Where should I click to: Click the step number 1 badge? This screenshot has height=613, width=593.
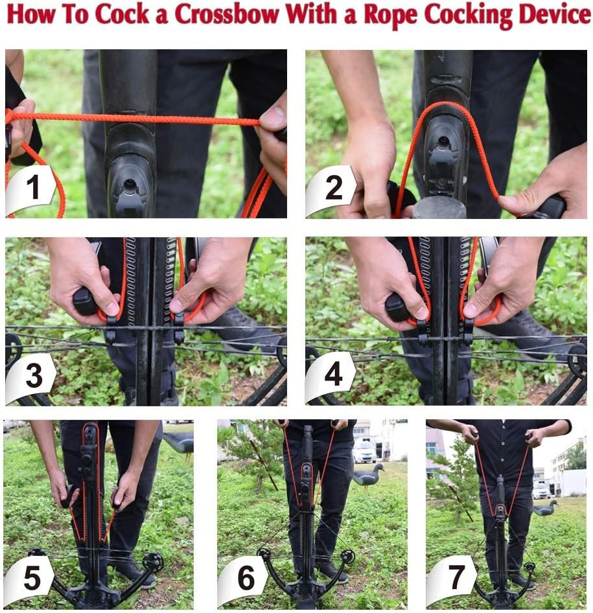click(30, 189)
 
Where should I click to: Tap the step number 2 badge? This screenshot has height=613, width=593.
click(331, 189)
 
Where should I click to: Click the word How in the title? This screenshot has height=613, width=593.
click(30, 15)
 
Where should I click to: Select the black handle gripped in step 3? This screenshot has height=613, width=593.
click(86, 301)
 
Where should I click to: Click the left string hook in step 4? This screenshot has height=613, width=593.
click(423, 330)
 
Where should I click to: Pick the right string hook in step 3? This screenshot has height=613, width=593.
click(179, 327)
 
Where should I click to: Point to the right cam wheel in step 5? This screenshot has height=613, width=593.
click(154, 561)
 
